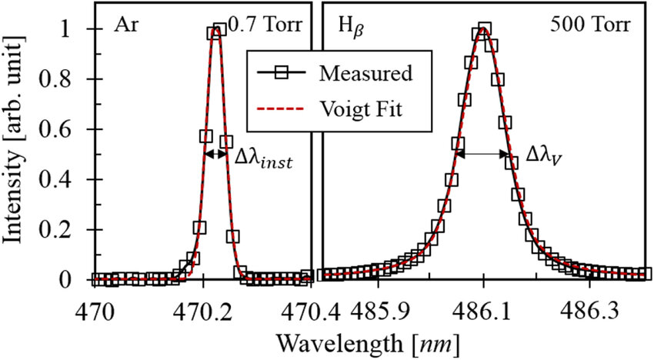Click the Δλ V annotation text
click(x=546, y=155)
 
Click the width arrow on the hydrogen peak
click(x=482, y=154)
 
